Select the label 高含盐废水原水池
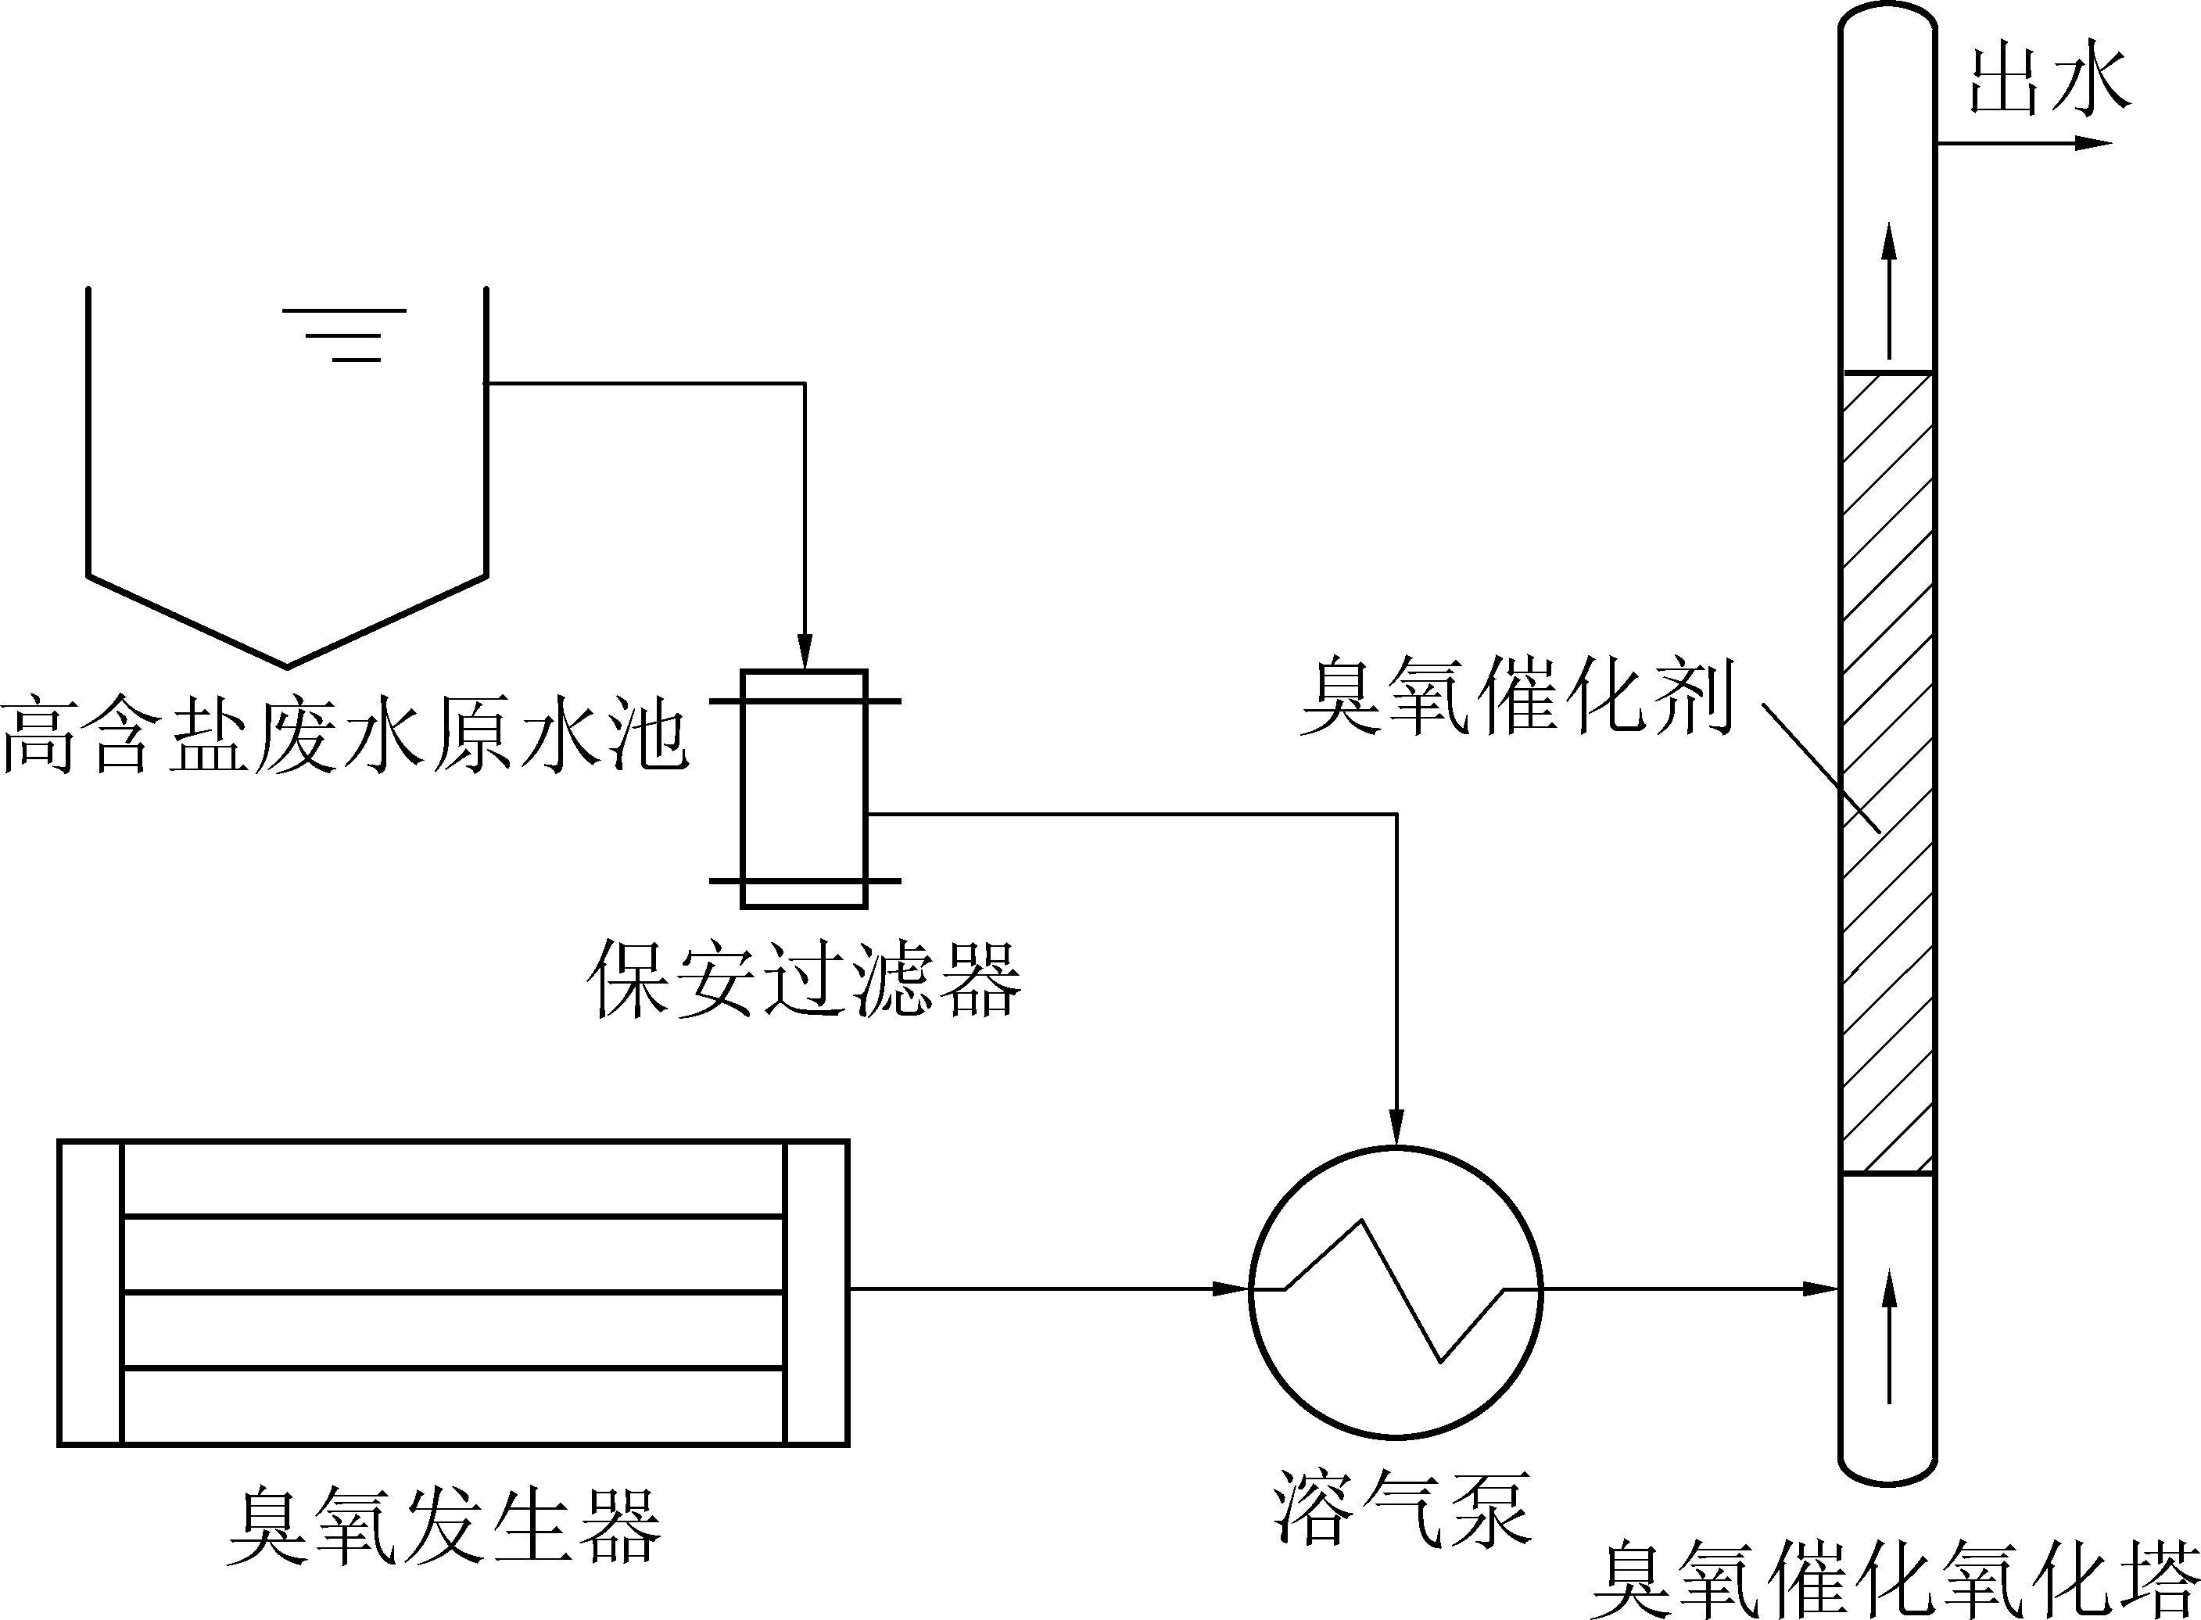[x=344, y=736]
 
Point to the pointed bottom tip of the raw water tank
[x=287, y=667]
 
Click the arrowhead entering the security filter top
[x=805, y=651]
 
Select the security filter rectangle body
[x=804, y=790]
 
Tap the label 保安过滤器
[x=804, y=980]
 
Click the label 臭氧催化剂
[x=1518, y=697]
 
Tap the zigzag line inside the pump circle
[x=1396, y=1289]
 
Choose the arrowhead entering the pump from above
[x=1397, y=1127]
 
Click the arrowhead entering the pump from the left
[x=1231, y=1288]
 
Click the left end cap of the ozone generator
[x=90, y=1292]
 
